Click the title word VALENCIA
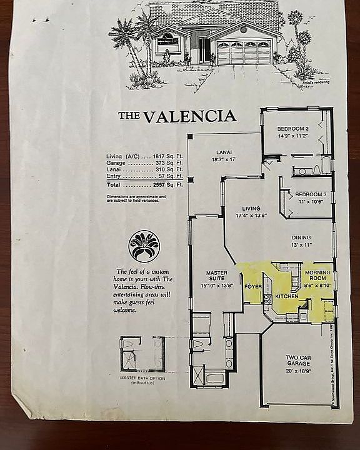[x=189, y=116]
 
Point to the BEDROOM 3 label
[x=311, y=194]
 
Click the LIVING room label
[x=251, y=209]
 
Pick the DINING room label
[x=301, y=237]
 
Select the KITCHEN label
[x=287, y=296]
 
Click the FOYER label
[x=252, y=287]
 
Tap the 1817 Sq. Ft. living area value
[x=167, y=156]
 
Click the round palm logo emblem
[x=144, y=246]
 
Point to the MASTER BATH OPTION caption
[x=142, y=377]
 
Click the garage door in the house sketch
[x=243, y=53]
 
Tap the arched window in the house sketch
[x=167, y=41]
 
